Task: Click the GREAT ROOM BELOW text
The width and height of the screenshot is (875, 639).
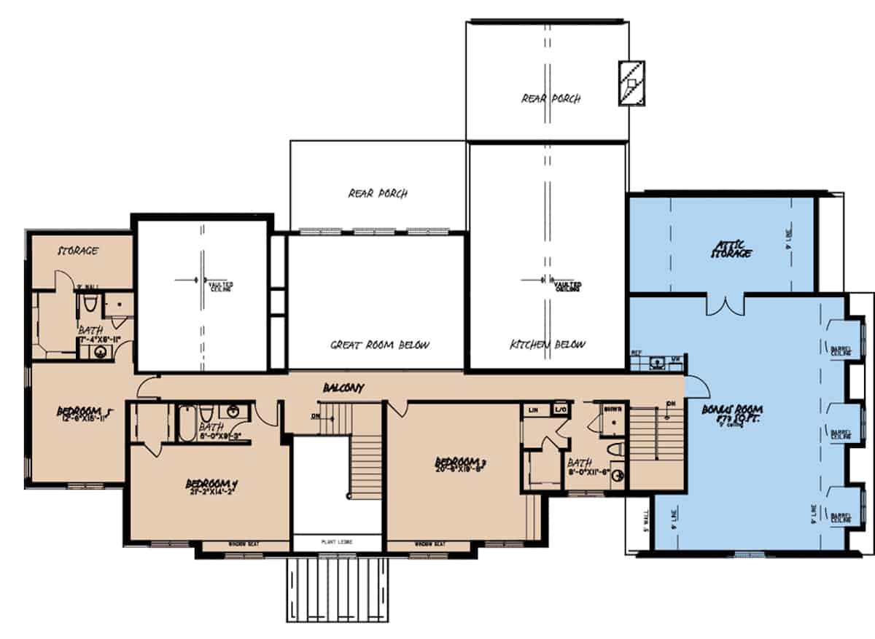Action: tap(381, 345)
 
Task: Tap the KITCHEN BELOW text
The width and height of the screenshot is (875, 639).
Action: tap(547, 345)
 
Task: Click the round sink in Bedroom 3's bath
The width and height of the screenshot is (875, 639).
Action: tap(618, 477)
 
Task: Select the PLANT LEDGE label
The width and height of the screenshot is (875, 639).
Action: tap(337, 542)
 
